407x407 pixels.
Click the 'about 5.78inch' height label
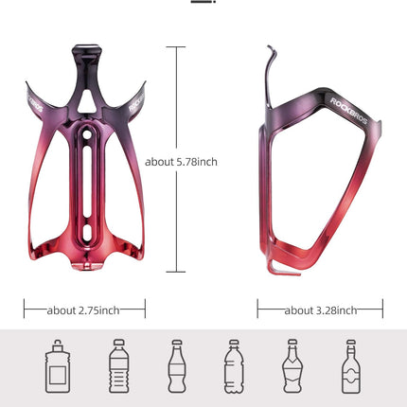click(x=181, y=162)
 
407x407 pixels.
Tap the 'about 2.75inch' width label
click(x=84, y=310)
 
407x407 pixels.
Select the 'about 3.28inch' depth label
click(x=320, y=310)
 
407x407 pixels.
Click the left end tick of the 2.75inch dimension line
click(x=26, y=310)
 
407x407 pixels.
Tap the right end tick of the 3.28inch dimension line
click(x=382, y=310)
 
